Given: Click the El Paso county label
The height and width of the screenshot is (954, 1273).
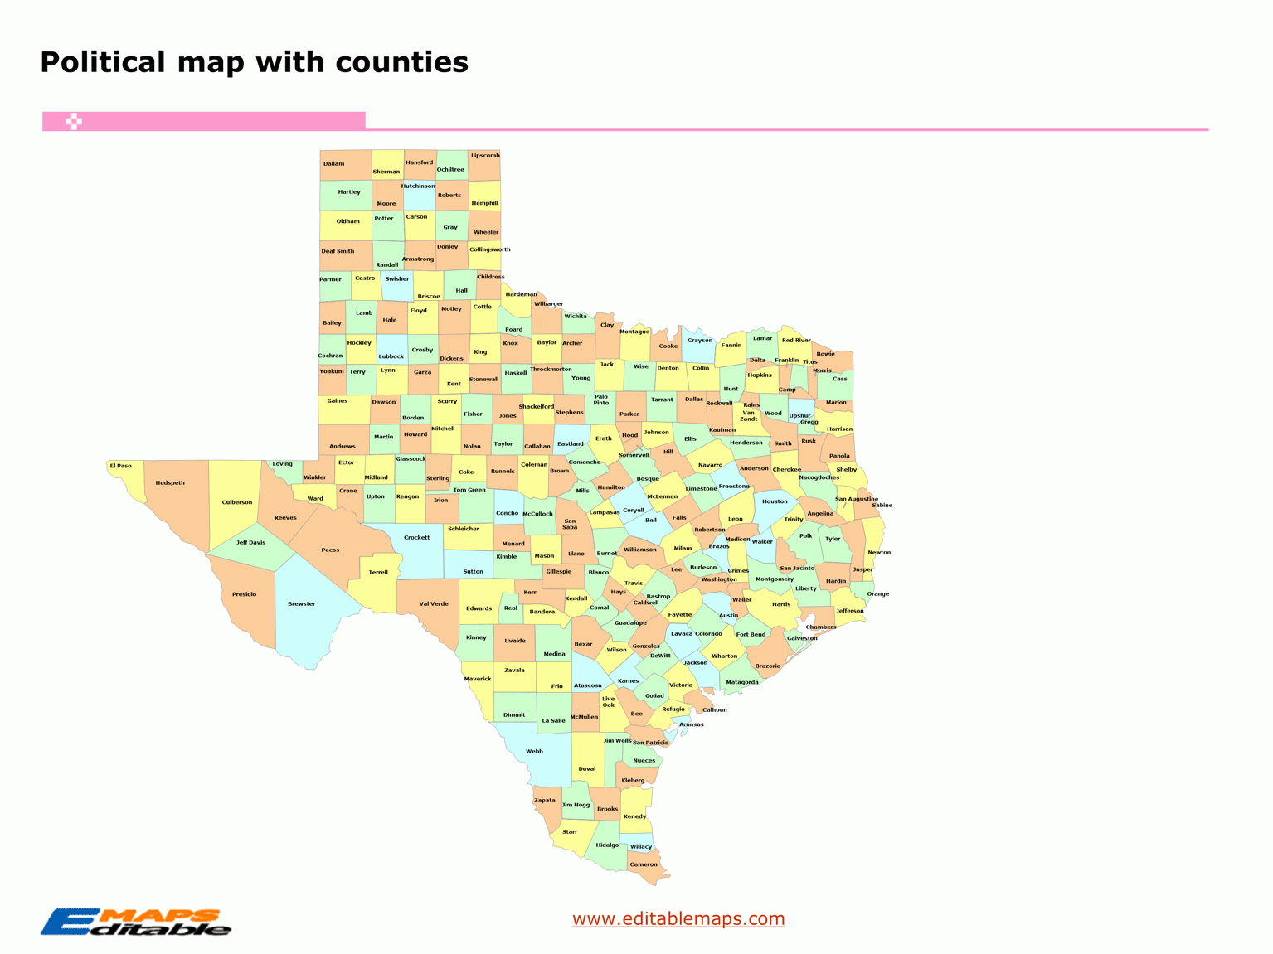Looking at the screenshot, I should pos(120,466).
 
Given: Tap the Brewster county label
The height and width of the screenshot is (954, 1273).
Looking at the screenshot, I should pos(301,604).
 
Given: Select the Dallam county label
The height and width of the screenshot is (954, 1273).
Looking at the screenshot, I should pos(333,164).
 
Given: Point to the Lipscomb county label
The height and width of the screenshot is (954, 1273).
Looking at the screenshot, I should pos(485,156).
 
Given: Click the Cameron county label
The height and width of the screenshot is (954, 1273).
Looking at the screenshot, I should pos(644,864).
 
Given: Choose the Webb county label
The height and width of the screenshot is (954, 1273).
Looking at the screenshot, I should pos(534,752).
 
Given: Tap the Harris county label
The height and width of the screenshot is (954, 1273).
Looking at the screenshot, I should pos(781,604).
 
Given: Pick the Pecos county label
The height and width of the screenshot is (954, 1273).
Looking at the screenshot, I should pos(330,550).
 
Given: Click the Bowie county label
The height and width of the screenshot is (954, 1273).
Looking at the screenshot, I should pos(826,354).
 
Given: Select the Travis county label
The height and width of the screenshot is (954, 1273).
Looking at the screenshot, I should pos(634,584).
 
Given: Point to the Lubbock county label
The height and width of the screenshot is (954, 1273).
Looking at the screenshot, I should pos(391,356).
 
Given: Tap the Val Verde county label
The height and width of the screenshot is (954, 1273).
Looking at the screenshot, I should pos(434,604).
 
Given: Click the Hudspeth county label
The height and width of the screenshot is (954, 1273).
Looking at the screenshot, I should pos(170,483).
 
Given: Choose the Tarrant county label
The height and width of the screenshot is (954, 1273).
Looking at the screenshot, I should pos(662,400).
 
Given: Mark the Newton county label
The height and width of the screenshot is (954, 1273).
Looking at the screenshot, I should pos(879,553).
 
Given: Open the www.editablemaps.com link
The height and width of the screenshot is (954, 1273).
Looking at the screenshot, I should pos(678,918).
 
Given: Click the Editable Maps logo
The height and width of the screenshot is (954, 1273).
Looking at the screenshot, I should pos(136,923).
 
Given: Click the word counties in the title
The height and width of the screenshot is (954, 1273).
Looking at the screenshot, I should pos(401,62).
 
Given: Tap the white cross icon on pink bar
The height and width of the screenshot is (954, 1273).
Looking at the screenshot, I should pos(74,122).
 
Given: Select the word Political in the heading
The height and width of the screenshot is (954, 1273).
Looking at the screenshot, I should pos(103,62).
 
